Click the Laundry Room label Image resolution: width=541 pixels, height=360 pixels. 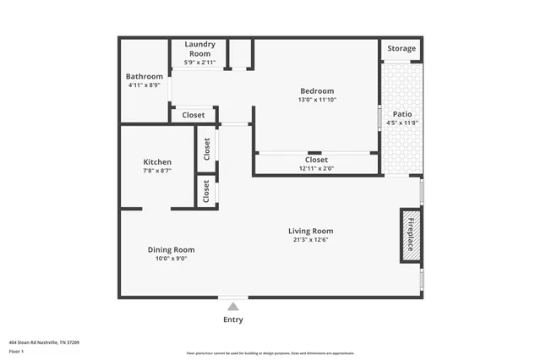[x=199, y=48]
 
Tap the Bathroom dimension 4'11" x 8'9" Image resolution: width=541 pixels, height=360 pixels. [x=144, y=85]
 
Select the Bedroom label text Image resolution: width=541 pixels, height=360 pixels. [x=317, y=91]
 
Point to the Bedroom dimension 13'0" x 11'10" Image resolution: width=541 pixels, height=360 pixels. [x=317, y=100]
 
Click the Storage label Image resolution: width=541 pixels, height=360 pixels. [x=402, y=49]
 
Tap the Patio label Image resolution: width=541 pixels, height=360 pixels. [x=402, y=114]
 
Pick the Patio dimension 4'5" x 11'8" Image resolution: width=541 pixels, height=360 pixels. [x=402, y=123]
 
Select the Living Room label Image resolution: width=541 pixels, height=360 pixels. [x=310, y=231]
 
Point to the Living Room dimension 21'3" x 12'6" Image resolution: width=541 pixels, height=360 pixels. [x=310, y=240]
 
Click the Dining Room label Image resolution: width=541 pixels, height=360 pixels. [x=172, y=250]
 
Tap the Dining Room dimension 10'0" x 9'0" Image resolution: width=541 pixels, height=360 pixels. [x=172, y=259]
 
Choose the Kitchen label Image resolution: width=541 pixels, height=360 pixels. [x=157, y=162]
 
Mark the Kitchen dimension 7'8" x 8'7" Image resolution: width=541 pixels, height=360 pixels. [x=157, y=172]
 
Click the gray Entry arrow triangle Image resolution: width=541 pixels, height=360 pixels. [x=232, y=307]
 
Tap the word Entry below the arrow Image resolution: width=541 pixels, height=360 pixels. [x=232, y=319]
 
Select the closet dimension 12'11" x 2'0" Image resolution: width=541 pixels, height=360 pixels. [x=316, y=168]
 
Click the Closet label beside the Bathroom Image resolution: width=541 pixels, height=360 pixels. [x=193, y=115]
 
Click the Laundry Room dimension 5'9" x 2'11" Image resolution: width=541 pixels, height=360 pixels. [x=199, y=62]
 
